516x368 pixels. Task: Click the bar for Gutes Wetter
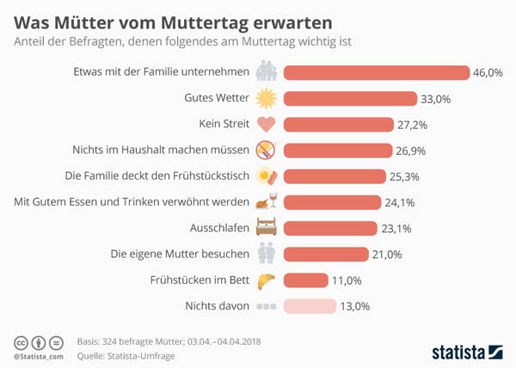pyautogui.click(x=349, y=98)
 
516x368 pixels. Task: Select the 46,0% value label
pyautogui.click(x=489, y=72)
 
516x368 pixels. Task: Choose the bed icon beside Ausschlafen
pyautogui.click(x=267, y=229)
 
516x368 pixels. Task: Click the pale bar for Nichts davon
pyautogui.click(x=309, y=306)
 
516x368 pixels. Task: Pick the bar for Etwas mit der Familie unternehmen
pyautogui.click(x=376, y=72)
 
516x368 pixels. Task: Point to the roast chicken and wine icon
pyautogui.click(x=267, y=202)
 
